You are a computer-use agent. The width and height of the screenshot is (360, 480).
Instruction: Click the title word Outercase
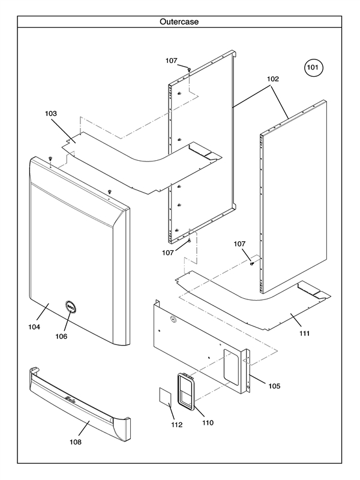pyautogui.click(x=179, y=22)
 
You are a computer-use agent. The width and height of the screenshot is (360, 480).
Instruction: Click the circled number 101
pyautogui.click(x=313, y=68)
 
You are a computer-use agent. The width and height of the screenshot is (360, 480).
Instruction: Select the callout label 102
pyautogui.click(x=273, y=79)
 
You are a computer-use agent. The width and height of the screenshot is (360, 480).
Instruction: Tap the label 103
pyautogui.click(x=52, y=113)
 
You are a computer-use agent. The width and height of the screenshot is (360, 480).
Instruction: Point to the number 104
pyautogui.click(x=34, y=327)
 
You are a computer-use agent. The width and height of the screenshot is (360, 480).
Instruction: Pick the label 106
pyautogui.click(x=62, y=336)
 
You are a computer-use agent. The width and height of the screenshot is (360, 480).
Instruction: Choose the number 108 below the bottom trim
pyautogui.click(x=76, y=442)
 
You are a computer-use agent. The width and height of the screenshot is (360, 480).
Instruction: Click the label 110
pyautogui.click(x=207, y=422)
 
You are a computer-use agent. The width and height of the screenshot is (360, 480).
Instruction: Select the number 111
pyautogui.click(x=304, y=333)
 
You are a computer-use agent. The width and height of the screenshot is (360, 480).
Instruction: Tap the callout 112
pyautogui.click(x=176, y=425)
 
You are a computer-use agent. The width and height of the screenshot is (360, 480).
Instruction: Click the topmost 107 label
pyautogui.click(x=172, y=61)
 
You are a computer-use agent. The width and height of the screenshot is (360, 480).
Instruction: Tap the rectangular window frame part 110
pyautogui.click(x=186, y=391)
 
